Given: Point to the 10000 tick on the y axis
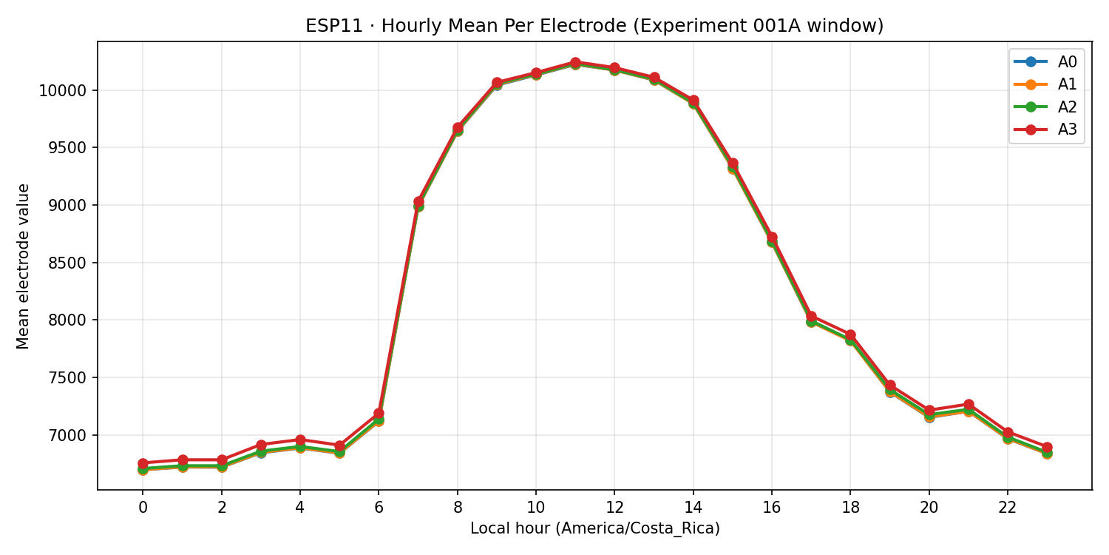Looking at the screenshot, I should pyautogui.click(x=67, y=90).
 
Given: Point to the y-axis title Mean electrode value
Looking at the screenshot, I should pyautogui.click(x=24, y=266).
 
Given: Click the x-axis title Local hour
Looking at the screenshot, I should pyautogui.click(x=594, y=528).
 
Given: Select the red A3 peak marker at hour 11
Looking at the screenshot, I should pyautogui.click(x=575, y=63).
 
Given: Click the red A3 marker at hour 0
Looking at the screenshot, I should pyautogui.click(x=143, y=463).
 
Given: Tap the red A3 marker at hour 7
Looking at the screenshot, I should pyautogui.click(x=418, y=202).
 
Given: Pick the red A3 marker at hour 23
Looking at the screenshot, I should pyautogui.click(x=1047, y=448).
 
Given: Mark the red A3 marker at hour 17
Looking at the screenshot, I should pyautogui.click(x=811, y=317).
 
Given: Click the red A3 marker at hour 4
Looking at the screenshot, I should pyautogui.click(x=300, y=440).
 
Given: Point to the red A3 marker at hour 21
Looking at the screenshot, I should pyautogui.click(x=969, y=405).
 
